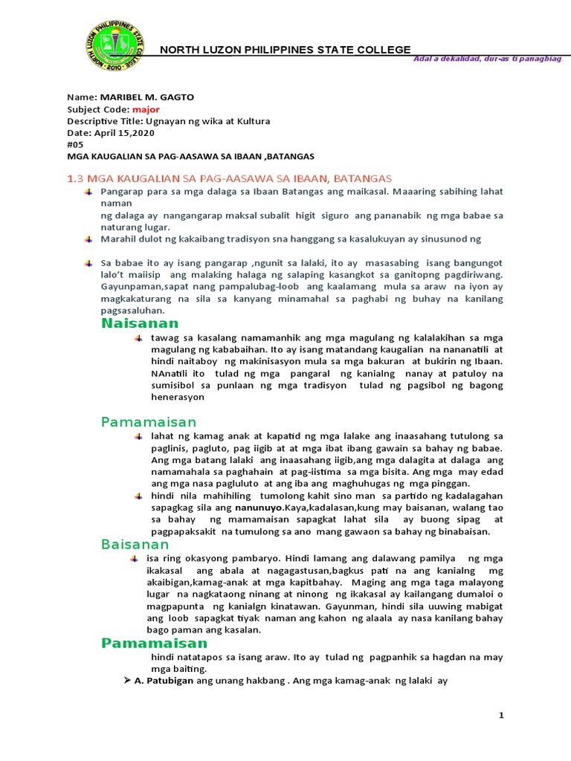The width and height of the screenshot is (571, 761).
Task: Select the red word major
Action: [146, 109]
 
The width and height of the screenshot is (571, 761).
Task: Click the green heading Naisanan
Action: [140, 323]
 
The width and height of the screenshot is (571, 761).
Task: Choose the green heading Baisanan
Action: [135, 545]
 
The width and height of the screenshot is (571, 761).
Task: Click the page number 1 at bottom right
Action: [502, 715]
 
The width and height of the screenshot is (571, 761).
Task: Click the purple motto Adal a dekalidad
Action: [488, 59]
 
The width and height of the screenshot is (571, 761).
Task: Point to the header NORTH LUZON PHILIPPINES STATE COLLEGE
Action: [285, 50]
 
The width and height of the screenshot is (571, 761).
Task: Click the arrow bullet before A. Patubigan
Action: [126, 681]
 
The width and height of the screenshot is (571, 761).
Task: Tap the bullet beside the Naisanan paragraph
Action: [138, 338]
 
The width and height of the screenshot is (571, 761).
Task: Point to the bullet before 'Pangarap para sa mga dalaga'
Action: [88, 192]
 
